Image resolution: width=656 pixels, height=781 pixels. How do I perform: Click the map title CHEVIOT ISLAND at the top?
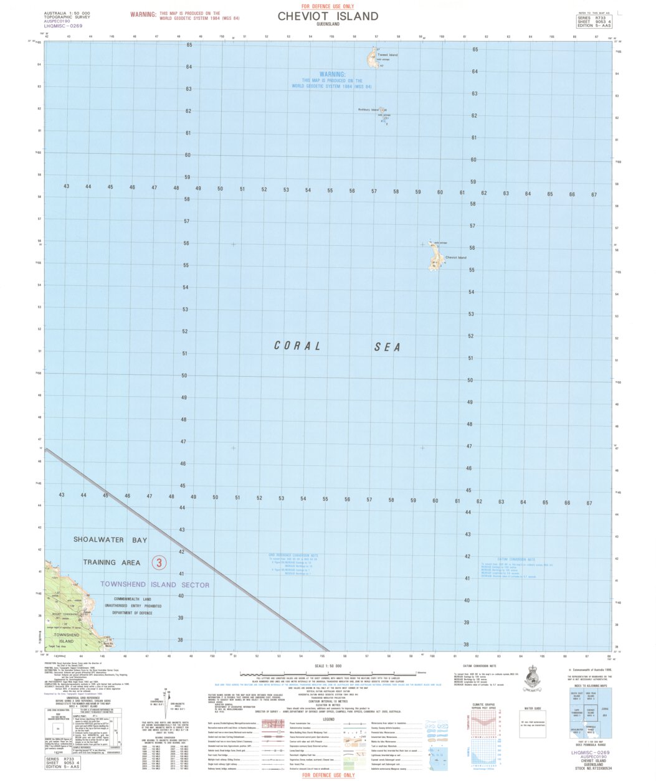tap(328, 16)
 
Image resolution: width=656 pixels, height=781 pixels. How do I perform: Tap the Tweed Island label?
tap(387, 55)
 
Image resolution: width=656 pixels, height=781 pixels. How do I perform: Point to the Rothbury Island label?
tap(368, 110)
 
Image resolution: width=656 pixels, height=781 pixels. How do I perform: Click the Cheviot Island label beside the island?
tap(455, 257)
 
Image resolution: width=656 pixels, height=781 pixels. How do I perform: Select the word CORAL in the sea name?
tap(298, 346)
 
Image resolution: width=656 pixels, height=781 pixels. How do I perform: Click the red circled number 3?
tap(159, 563)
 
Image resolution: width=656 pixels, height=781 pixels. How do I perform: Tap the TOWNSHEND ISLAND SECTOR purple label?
tap(155, 585)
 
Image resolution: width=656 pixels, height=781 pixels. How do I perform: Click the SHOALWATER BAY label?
tap(110, 539)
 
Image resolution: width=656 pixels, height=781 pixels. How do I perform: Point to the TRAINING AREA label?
tap(112, 562)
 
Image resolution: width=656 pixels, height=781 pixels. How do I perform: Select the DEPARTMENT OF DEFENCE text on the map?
tap(132, 613)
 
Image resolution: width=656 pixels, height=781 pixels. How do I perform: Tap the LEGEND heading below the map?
tap(328, 719)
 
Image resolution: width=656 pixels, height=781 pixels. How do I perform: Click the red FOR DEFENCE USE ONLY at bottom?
tap(328, 775)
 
